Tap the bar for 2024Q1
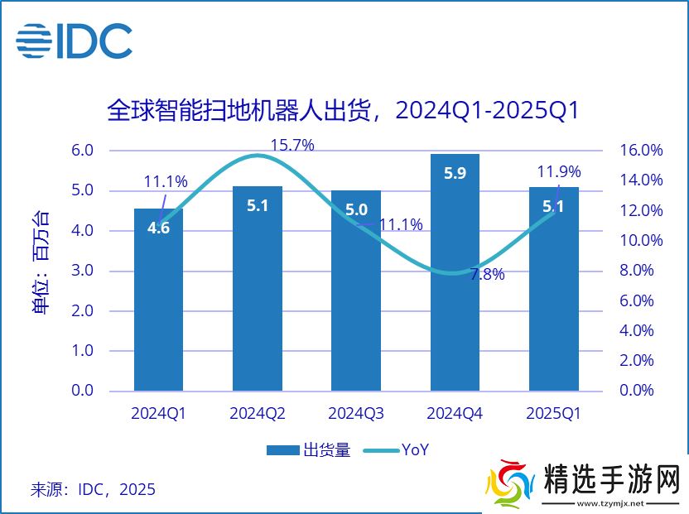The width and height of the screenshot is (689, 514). [x=158, y=306]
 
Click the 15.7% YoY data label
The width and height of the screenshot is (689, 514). [x=292, y=146]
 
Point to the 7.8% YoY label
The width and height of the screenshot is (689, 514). [x=487, y=276]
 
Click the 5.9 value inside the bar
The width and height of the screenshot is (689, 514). [x=455, y=174]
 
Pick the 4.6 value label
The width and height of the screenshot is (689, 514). [x=158, y=228]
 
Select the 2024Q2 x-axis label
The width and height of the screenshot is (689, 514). [x=258, y=413]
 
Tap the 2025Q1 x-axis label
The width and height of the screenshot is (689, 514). [x=553, y=413]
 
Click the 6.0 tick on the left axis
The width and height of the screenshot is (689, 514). [x=83, y=151]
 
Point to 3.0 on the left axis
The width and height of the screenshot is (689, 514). [x=83, y=271]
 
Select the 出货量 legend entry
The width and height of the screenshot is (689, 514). [x=308, y=450]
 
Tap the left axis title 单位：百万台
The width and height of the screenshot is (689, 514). [x=41, y=263]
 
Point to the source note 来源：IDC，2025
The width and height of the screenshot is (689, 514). [x=93, y=489]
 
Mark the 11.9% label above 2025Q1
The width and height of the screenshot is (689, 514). [x=559, y=172]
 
